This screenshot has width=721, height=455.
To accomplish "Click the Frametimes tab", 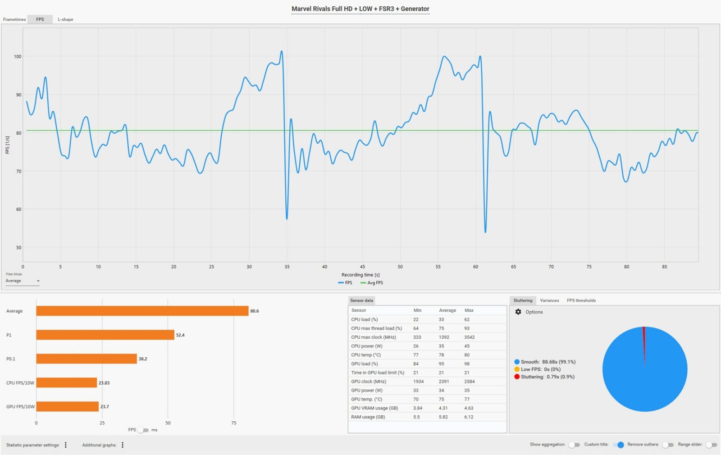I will click(14, 19).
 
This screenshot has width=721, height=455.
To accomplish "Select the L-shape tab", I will click(65, 19).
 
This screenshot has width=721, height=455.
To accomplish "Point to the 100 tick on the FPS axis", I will click(18, 57).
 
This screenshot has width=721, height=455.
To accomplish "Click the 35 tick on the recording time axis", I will click(287, 267).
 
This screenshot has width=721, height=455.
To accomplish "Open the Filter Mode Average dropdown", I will click(23, 281).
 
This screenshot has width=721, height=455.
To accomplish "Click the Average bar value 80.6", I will click(255, 311).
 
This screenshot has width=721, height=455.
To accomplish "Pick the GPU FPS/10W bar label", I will click(20, 406).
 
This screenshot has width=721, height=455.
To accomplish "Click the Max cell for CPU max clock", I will click(470, 337).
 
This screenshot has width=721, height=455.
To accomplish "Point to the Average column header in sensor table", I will click(447, 310).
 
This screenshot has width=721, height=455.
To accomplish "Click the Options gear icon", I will click(518, 312).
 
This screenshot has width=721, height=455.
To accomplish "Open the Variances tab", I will click(549, 300).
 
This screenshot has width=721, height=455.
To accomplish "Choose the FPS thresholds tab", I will click(581, 300).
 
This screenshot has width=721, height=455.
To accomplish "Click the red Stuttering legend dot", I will click(517, 377).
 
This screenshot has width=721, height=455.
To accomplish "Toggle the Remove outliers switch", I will click(667, 445).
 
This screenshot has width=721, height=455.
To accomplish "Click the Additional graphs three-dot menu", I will click(123, 445).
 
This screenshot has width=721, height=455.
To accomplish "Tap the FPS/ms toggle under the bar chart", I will click(143, 430).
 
